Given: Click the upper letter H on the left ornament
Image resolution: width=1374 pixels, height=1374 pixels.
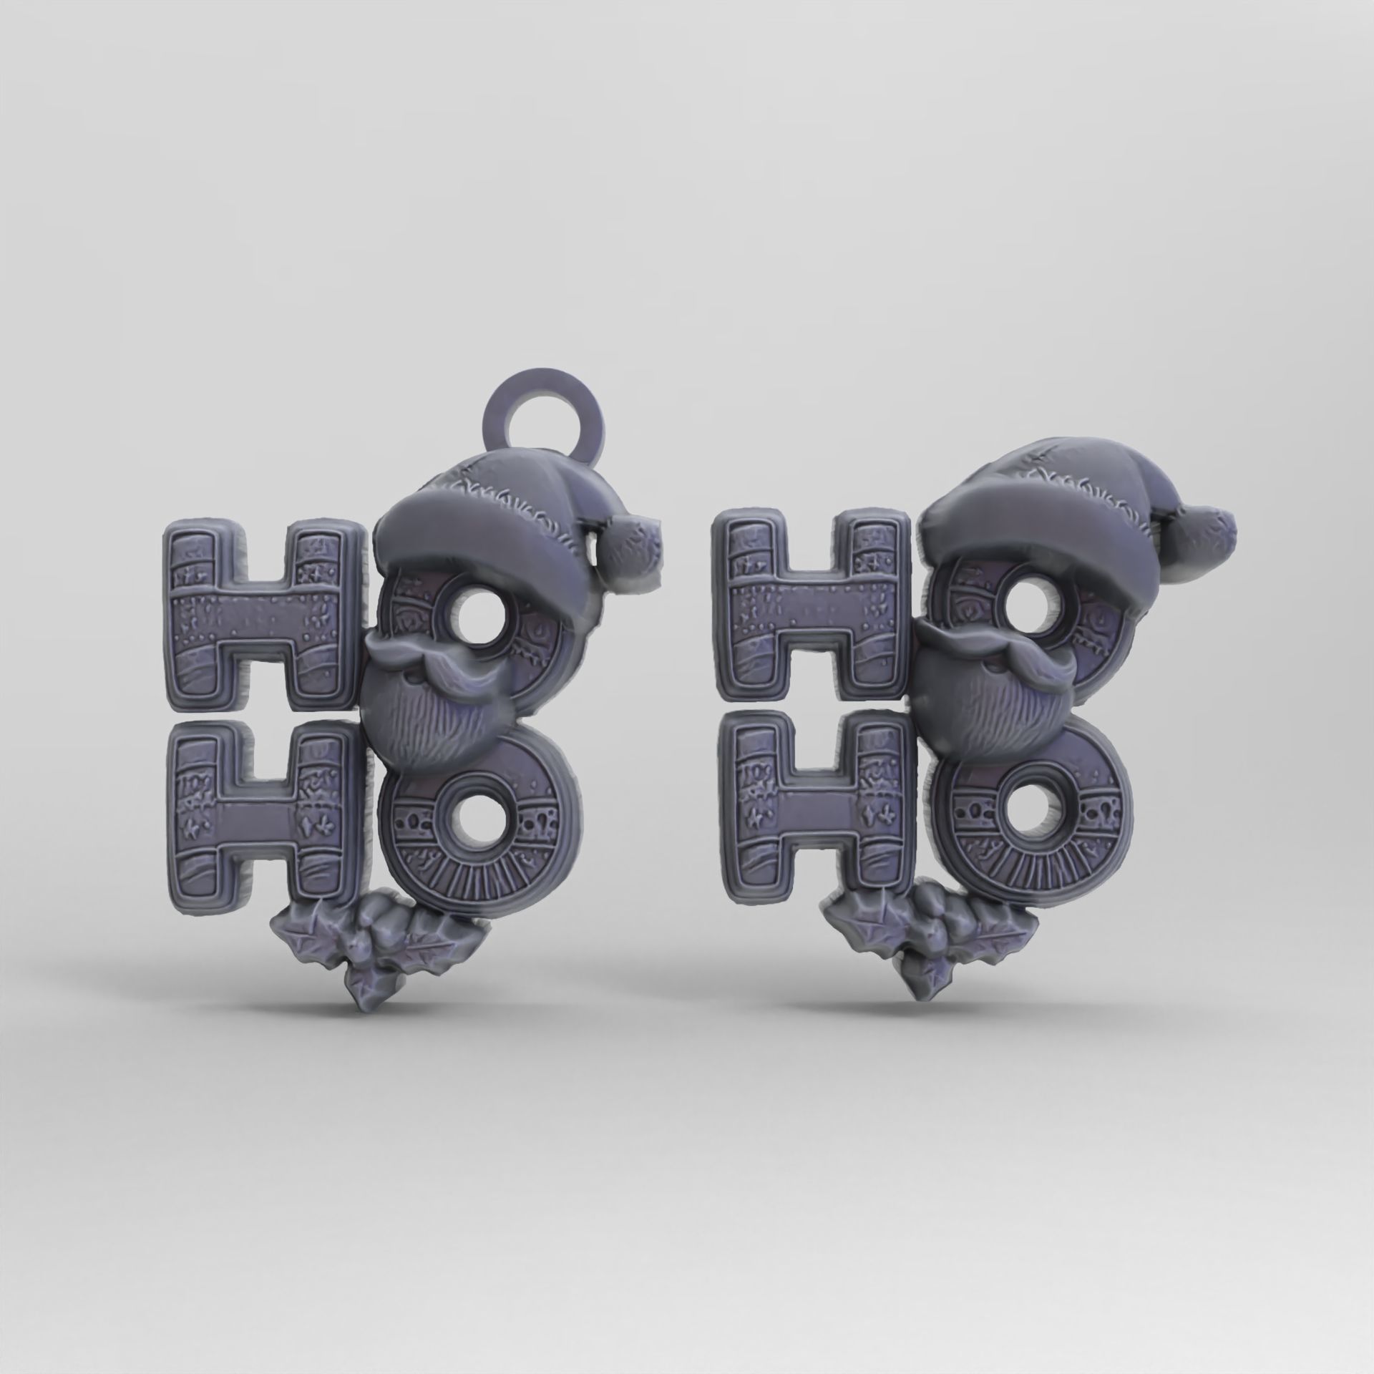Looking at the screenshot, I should (261, 630).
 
